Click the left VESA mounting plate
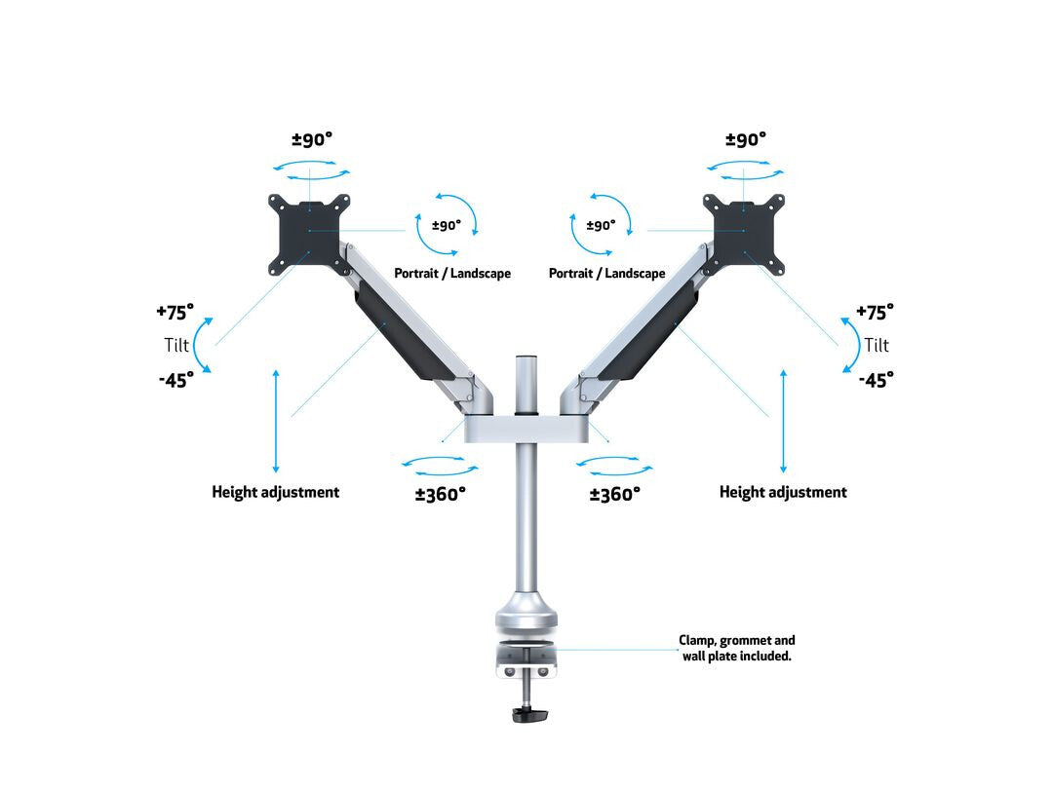point(309,234)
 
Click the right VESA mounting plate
point(743,234)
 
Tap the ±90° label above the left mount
point(312,139)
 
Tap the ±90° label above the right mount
point(746,139)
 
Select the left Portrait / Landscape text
point(452,273)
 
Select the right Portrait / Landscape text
point(607,273)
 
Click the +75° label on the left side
point(175,312)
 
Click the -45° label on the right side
point(877,381)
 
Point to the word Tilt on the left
point(176,345)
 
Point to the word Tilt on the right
point(877,345)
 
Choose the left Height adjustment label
point(275,493)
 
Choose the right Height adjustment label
point(783,493)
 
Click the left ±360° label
point(441,495)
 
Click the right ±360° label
point(615,495)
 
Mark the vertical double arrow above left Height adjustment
point(276,421)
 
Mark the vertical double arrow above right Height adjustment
point(783,421)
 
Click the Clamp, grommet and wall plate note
point(737,648)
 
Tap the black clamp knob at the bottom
point(529,714)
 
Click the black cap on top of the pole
point(526,357)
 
